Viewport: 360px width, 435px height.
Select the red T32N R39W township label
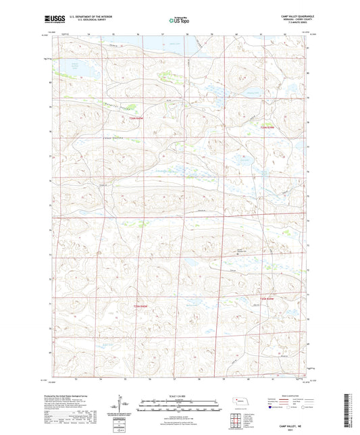pyautogui.click(x=268, y=128)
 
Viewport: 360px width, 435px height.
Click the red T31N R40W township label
pyautogui.click(x=138, y=306)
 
